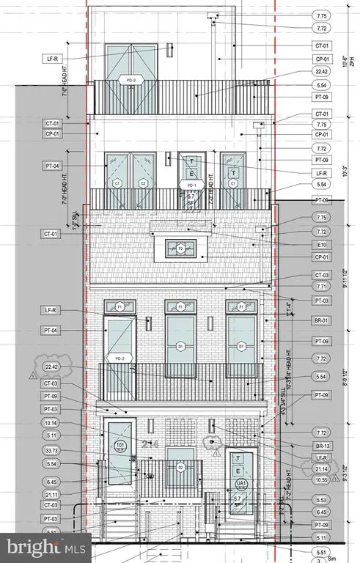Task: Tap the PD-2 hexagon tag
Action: click(x=120, y=358)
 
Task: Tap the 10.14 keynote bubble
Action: click(x=51, y=423)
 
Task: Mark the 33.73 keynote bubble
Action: click(x=51, y=450)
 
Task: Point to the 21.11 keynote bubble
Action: click(x=51, y=493)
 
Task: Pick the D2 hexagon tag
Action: click(x=180, y=466)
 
